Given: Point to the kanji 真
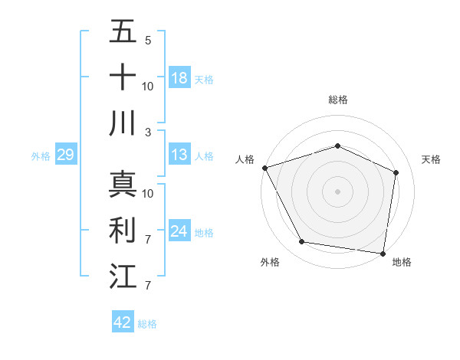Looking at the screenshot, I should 123,184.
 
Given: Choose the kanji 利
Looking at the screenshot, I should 123,231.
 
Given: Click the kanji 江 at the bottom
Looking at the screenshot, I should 123,277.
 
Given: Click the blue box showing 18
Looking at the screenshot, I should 179,78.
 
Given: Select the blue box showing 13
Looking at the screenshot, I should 179,155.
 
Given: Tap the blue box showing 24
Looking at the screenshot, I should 179,232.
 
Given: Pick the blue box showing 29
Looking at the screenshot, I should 65,155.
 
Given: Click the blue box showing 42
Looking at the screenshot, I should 123,322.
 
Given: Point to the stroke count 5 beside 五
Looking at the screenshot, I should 148,40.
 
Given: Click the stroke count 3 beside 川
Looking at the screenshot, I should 148,133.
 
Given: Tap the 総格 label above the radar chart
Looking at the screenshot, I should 338,100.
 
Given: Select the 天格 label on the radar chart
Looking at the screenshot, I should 432,159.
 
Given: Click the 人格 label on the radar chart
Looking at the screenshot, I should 245,159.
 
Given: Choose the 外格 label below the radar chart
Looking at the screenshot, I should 270,263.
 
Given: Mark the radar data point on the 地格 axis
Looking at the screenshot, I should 383,253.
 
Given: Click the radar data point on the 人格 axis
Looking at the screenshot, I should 264,168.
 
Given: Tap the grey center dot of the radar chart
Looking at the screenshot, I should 338,191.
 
